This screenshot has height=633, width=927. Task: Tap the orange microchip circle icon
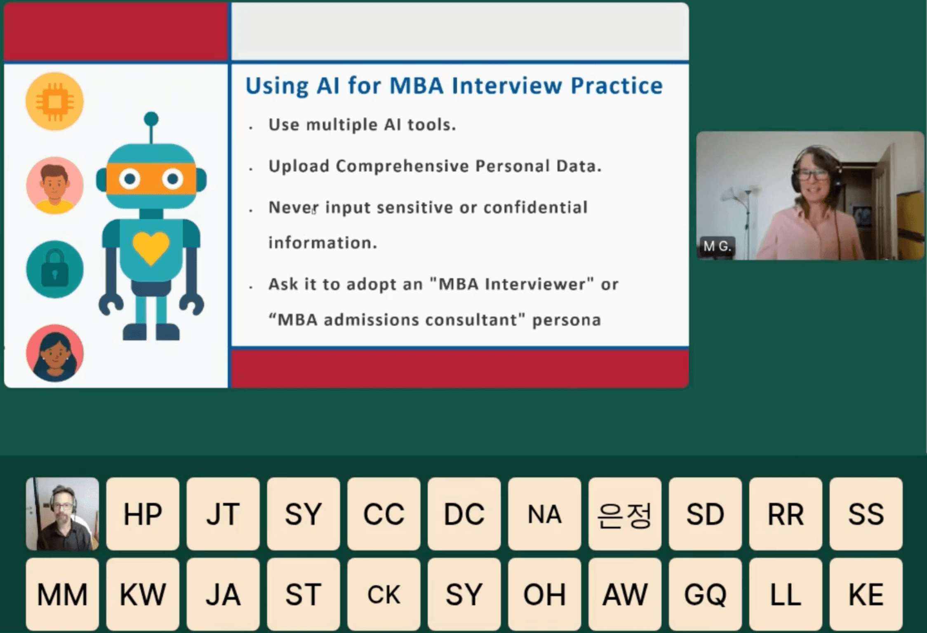[x=54, y=101]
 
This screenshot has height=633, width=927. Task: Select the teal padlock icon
[x=54, y=270]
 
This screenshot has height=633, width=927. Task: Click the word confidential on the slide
[x=536, y=207]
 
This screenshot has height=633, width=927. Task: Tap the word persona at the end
[x=567, y=320]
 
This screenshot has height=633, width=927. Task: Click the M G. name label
[x=717, y=246]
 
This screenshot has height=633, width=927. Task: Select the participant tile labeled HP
[x=143, y=514]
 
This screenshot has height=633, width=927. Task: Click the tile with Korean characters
[x=625, y=514]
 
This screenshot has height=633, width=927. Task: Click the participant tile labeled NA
[x=545, y=514]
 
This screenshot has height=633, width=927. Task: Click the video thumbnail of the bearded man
[x=62, y=514]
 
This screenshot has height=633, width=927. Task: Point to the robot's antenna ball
[x=151, y=119]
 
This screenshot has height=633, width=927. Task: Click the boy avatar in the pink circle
[x=54, y=185]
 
